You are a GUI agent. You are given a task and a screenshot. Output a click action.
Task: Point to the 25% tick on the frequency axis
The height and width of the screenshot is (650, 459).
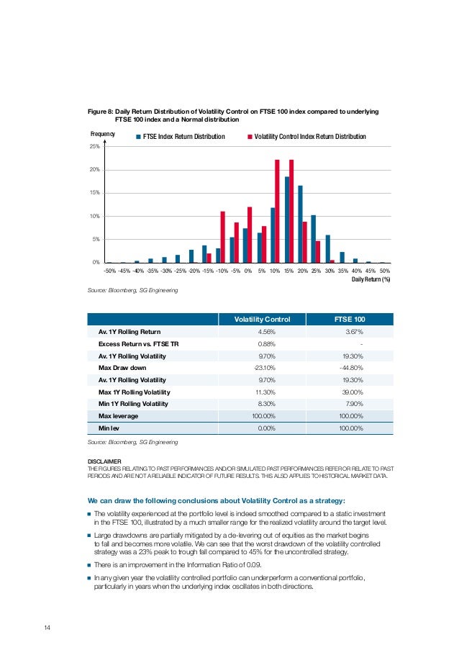[94, 147]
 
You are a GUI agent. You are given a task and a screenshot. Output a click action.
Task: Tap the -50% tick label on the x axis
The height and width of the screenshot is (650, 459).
[110, 271]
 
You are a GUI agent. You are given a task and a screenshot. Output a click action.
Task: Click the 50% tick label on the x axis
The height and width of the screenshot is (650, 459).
[384, 271]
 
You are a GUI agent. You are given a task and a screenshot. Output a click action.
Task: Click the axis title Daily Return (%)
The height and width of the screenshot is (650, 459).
[371, 280]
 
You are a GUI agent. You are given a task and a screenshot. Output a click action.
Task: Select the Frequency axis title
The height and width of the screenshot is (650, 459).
[102, 135]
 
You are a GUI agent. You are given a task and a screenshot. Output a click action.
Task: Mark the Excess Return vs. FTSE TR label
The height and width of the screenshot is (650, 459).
[137, 344]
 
